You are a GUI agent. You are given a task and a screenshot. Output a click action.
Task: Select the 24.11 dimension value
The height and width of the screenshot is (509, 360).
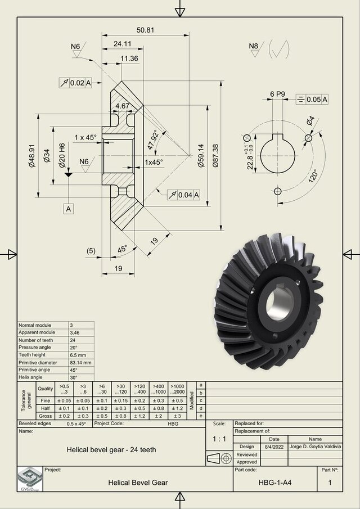click(x=122, y=44)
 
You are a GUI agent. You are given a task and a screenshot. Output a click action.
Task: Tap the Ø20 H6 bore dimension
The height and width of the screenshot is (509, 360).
click(x=62, y=153)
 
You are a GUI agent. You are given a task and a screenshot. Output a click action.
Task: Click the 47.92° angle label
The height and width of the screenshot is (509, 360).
click(x=152, y=139)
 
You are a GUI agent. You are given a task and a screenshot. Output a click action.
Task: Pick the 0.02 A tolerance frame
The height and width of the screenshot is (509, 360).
click(x=74, y=83)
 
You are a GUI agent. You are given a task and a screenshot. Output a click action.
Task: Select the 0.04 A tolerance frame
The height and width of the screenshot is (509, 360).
click(x=184, y=195)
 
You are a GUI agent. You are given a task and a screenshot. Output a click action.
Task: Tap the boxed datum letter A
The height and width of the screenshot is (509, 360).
click(x=69, y=209)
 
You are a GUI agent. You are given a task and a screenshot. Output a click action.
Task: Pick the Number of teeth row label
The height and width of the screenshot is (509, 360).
click(x=37, y=340)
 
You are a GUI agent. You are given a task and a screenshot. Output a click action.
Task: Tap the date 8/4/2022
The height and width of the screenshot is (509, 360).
click(x=274, y=447)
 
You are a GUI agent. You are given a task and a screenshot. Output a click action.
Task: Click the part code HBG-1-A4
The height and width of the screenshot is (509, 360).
click(x=275, y=482)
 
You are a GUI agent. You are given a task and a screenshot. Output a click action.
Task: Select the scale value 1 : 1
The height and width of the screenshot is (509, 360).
click(x=219, y=438)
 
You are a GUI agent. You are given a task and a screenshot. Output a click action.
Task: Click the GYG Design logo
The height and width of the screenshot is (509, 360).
click(x=30, y=479)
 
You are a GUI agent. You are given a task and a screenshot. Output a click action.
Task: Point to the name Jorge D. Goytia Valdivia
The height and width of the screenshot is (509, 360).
click(x=316, y=447)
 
